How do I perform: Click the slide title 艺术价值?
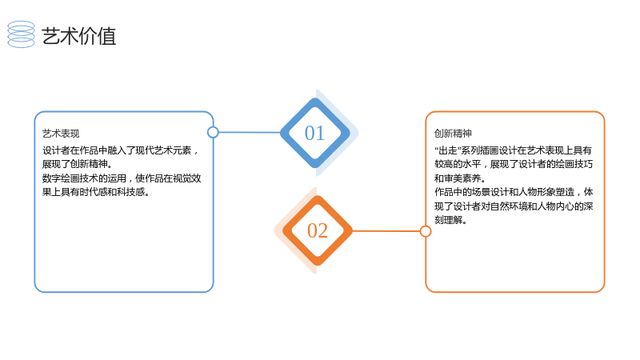pos(78,36)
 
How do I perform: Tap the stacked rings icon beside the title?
pos(22,34)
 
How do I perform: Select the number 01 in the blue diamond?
pos(314,133)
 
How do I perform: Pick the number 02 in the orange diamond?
pos(318,230)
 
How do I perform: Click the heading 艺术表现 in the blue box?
pos(61,134)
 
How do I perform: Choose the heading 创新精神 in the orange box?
pos(453,134)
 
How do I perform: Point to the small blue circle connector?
pos(213,132)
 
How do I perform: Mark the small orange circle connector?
pos(426,231)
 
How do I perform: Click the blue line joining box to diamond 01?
pos(250,132)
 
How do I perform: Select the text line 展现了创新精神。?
pos(77,164)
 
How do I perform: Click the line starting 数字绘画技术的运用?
pos(122,178)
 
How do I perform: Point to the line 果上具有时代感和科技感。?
pos(96,192)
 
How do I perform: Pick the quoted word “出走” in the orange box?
pos(447,150)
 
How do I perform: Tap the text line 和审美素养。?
pos(459,178)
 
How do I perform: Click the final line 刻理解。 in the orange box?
pos(450,220)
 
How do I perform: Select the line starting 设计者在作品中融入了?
pos(121,150)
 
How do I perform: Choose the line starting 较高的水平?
pos(514,164)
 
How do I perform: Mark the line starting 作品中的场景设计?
pos(514,192)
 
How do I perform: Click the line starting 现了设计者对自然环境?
pos(514,206)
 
